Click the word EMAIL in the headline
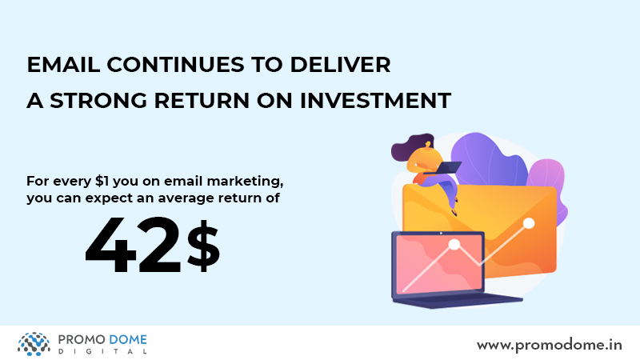[x=63, y=65]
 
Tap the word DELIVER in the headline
[x=340, y=65]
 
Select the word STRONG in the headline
[x=98, y=101]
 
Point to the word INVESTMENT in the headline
[x=375, y=101]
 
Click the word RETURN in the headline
[x=202, y=101]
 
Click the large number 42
[x=133, y=245]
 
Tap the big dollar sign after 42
[x=203, y=246]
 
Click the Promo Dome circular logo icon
[x=34, y=344]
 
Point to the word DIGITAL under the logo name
[x=102, y=351]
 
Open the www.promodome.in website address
[x=550, y=346]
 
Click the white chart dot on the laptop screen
[x=454, y=245]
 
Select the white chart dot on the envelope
[x=529, y=223]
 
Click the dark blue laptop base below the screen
[x=457, y=302]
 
